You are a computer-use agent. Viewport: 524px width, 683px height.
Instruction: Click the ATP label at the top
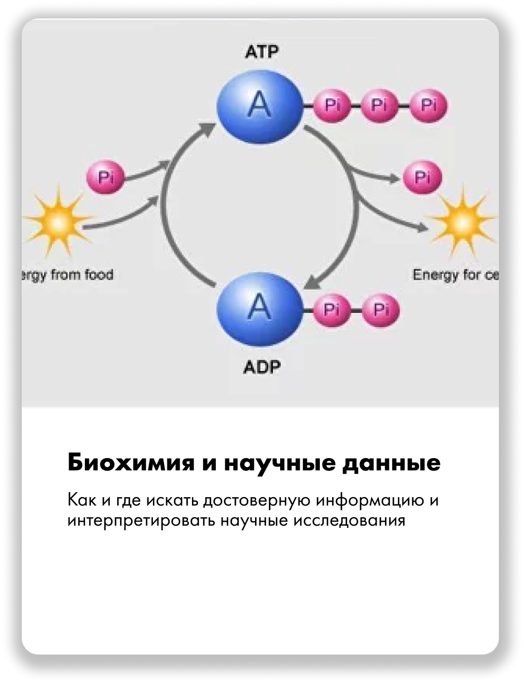(x=262, y=53)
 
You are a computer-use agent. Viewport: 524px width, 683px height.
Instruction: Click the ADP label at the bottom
(x=262, y=367)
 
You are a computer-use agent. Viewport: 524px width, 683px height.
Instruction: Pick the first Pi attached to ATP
(x=333, y=105)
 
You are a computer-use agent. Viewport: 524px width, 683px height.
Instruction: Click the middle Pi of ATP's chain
(x=381, y=105)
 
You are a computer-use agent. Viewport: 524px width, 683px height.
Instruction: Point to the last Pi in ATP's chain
(x=429, y=105)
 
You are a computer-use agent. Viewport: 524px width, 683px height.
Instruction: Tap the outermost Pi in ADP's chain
(x=381, y=309)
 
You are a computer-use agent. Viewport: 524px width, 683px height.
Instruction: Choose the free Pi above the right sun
(x=422, y=178)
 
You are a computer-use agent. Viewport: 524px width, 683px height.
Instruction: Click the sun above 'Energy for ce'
(x=462, y=222)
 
